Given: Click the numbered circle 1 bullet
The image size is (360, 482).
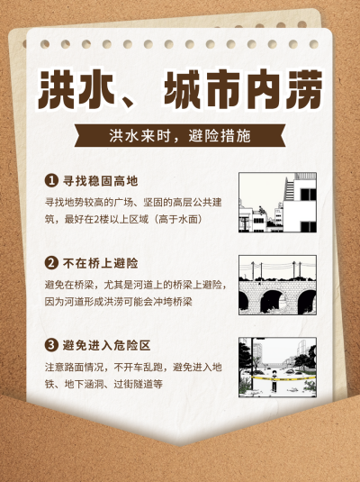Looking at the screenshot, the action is [51, 181].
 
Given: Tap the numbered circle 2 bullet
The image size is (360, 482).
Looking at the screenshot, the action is [51, 263].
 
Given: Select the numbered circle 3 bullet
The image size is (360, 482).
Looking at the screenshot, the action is [51, 345].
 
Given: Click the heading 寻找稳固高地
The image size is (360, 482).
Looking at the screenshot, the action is [101, 181].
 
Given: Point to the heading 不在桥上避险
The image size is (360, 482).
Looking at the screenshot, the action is [101, 263].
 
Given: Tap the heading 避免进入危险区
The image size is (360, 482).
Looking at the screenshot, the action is [106, 346].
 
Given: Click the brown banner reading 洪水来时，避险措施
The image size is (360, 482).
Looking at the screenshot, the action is [180, 135].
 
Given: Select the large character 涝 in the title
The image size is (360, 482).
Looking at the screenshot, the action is [304, 89].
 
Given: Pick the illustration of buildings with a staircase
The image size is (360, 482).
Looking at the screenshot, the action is [278, 203].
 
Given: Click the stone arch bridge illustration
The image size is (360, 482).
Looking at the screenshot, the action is [278, 285].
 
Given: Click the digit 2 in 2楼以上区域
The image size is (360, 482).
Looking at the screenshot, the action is [96, 220].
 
